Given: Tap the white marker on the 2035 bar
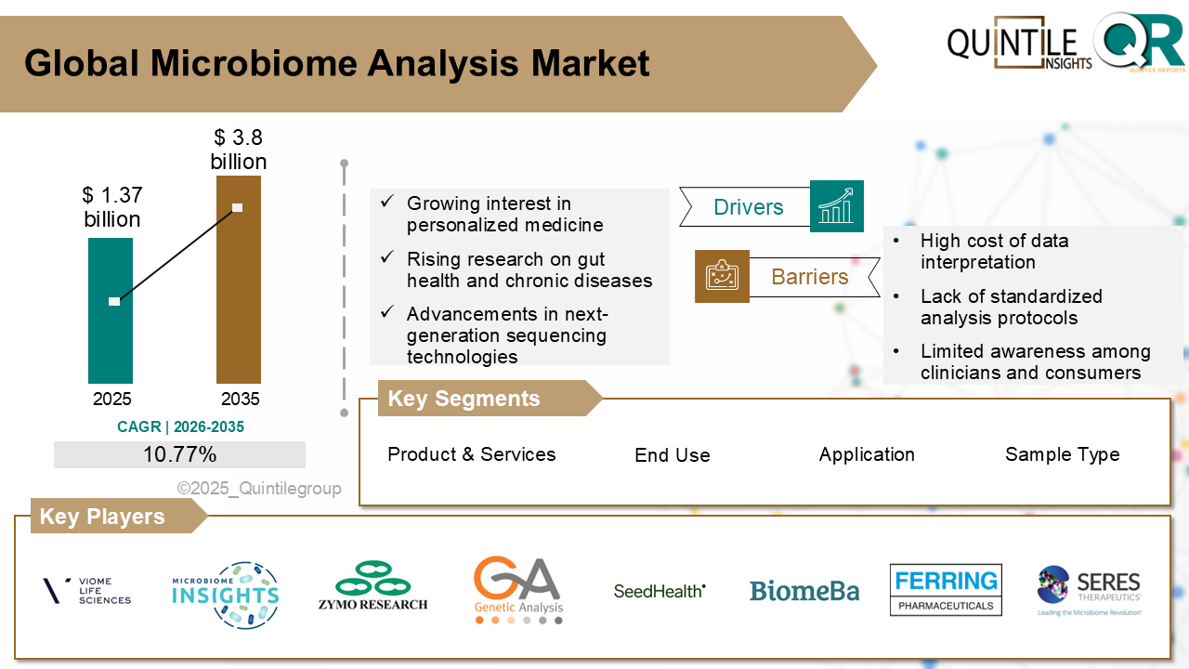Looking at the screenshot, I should pyautogui.click(x=238, y=207).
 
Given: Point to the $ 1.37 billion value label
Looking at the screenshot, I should pyautogui.click(x=111, y=207).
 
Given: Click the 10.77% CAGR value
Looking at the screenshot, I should pyautogui.click(x=179, y=454).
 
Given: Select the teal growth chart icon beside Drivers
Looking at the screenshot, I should pyautogui.click(x=836, y=206).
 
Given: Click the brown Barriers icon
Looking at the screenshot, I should pyautogui.click(x=722, y=276).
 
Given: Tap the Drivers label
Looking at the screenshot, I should pyautogui.click(x=748, y=207).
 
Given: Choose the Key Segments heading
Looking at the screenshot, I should pyautogui.click(x=464, y=399).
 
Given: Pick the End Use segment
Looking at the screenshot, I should pyautogui.click(x=672, y=455).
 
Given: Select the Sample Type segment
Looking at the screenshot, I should pyautogui.click(x=1062, y=454).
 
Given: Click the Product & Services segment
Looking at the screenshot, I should pyautogui.click(x=471, y=454).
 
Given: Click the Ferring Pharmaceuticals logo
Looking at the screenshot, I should pyautogui.click(x=946, y=590).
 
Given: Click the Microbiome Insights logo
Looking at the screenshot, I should pyautogui.click(x=226, y=595).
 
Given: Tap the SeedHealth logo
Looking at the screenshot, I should pyautogui.click(x=660, y=590).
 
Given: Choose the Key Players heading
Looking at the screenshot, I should pyautogui.click(x=102, y=517).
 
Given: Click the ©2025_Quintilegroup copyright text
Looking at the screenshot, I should pyautogui.click(x=259, y=488).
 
